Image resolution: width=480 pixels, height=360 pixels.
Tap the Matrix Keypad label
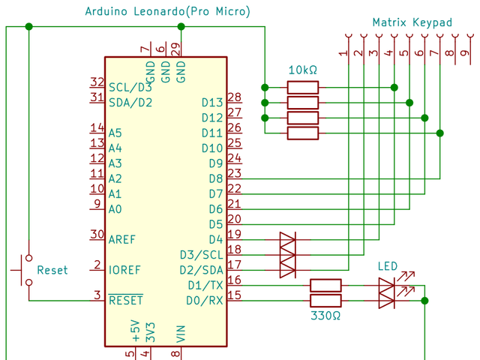coord(412,22)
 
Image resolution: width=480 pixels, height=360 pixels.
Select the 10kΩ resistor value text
coord(303,70)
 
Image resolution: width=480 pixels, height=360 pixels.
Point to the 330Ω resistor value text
coord(325,316)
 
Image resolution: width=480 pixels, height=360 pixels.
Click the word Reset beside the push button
coord(52,270)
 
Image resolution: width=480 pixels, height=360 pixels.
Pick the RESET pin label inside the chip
coord(125,300)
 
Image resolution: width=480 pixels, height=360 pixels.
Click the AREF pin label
coord(123,239)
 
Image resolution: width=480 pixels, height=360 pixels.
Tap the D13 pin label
coord(212,102)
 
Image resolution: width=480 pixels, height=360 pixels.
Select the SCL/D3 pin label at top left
coord(130,87)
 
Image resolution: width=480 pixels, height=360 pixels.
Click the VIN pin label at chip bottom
coord(181,334)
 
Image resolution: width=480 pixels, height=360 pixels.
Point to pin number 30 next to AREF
coord(96,234)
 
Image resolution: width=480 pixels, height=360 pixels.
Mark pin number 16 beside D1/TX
coord(234,280)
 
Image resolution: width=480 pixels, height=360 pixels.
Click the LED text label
coord(387,266)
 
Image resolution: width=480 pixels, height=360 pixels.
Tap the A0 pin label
coord(115,208)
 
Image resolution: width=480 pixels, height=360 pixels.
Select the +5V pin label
coord(135,331)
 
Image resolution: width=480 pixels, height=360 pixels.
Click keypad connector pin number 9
coord(463,52)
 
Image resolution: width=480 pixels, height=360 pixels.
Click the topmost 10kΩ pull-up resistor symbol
coord(303,87)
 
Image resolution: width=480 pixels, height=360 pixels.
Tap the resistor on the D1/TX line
coord(325,285)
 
